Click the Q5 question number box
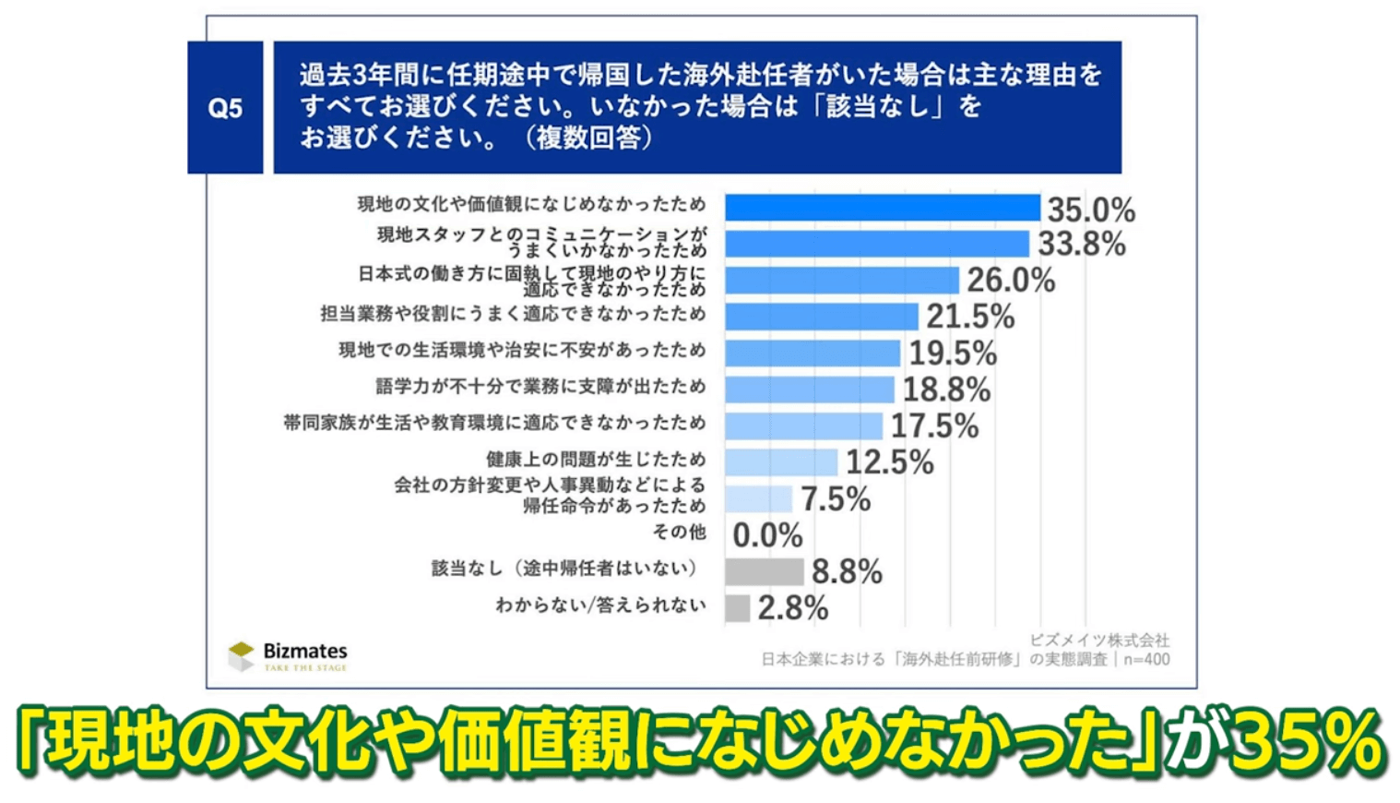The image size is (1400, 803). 225,108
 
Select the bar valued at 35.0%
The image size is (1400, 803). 882,208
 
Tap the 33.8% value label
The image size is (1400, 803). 1081,245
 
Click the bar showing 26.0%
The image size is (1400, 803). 841,281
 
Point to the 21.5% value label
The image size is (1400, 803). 970,317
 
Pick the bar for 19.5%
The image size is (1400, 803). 812,354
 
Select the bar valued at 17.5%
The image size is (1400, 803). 803,425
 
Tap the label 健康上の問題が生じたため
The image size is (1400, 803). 595,459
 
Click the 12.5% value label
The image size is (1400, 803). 889,462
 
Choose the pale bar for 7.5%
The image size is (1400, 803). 758,499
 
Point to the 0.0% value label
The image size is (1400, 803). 767,535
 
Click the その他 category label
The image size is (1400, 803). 678,532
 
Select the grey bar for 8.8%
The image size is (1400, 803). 764,572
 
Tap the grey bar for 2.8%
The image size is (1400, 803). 737,608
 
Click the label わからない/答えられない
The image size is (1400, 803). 600,605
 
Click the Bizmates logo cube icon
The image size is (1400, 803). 241,655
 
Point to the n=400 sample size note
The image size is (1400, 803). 1146,660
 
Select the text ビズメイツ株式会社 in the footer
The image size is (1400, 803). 1098,640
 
